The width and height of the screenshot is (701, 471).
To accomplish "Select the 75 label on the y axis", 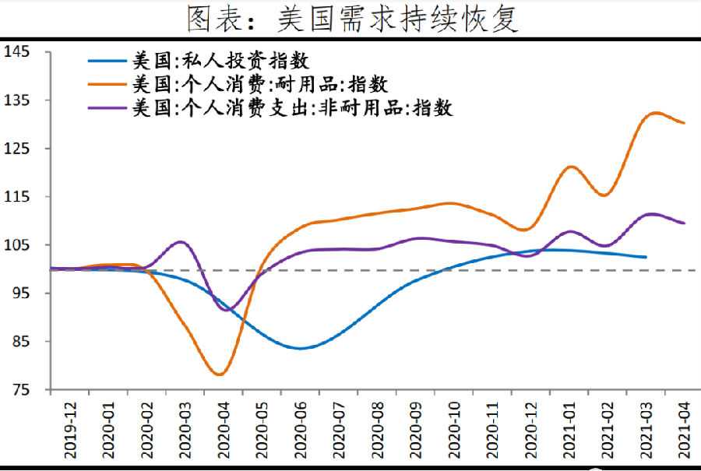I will point(20,390).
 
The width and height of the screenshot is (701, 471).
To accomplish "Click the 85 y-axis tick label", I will point(20,342).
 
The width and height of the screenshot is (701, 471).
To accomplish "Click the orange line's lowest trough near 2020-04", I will point(220,374).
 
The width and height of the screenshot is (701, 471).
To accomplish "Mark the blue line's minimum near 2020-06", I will point(300,348).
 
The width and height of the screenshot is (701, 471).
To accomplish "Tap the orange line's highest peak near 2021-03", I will point(654,113).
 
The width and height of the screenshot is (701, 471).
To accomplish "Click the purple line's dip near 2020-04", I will point(226,310).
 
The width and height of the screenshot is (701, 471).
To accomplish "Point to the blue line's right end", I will point(646,257).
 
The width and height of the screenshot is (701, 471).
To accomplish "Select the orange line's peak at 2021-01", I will point(571,167).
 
